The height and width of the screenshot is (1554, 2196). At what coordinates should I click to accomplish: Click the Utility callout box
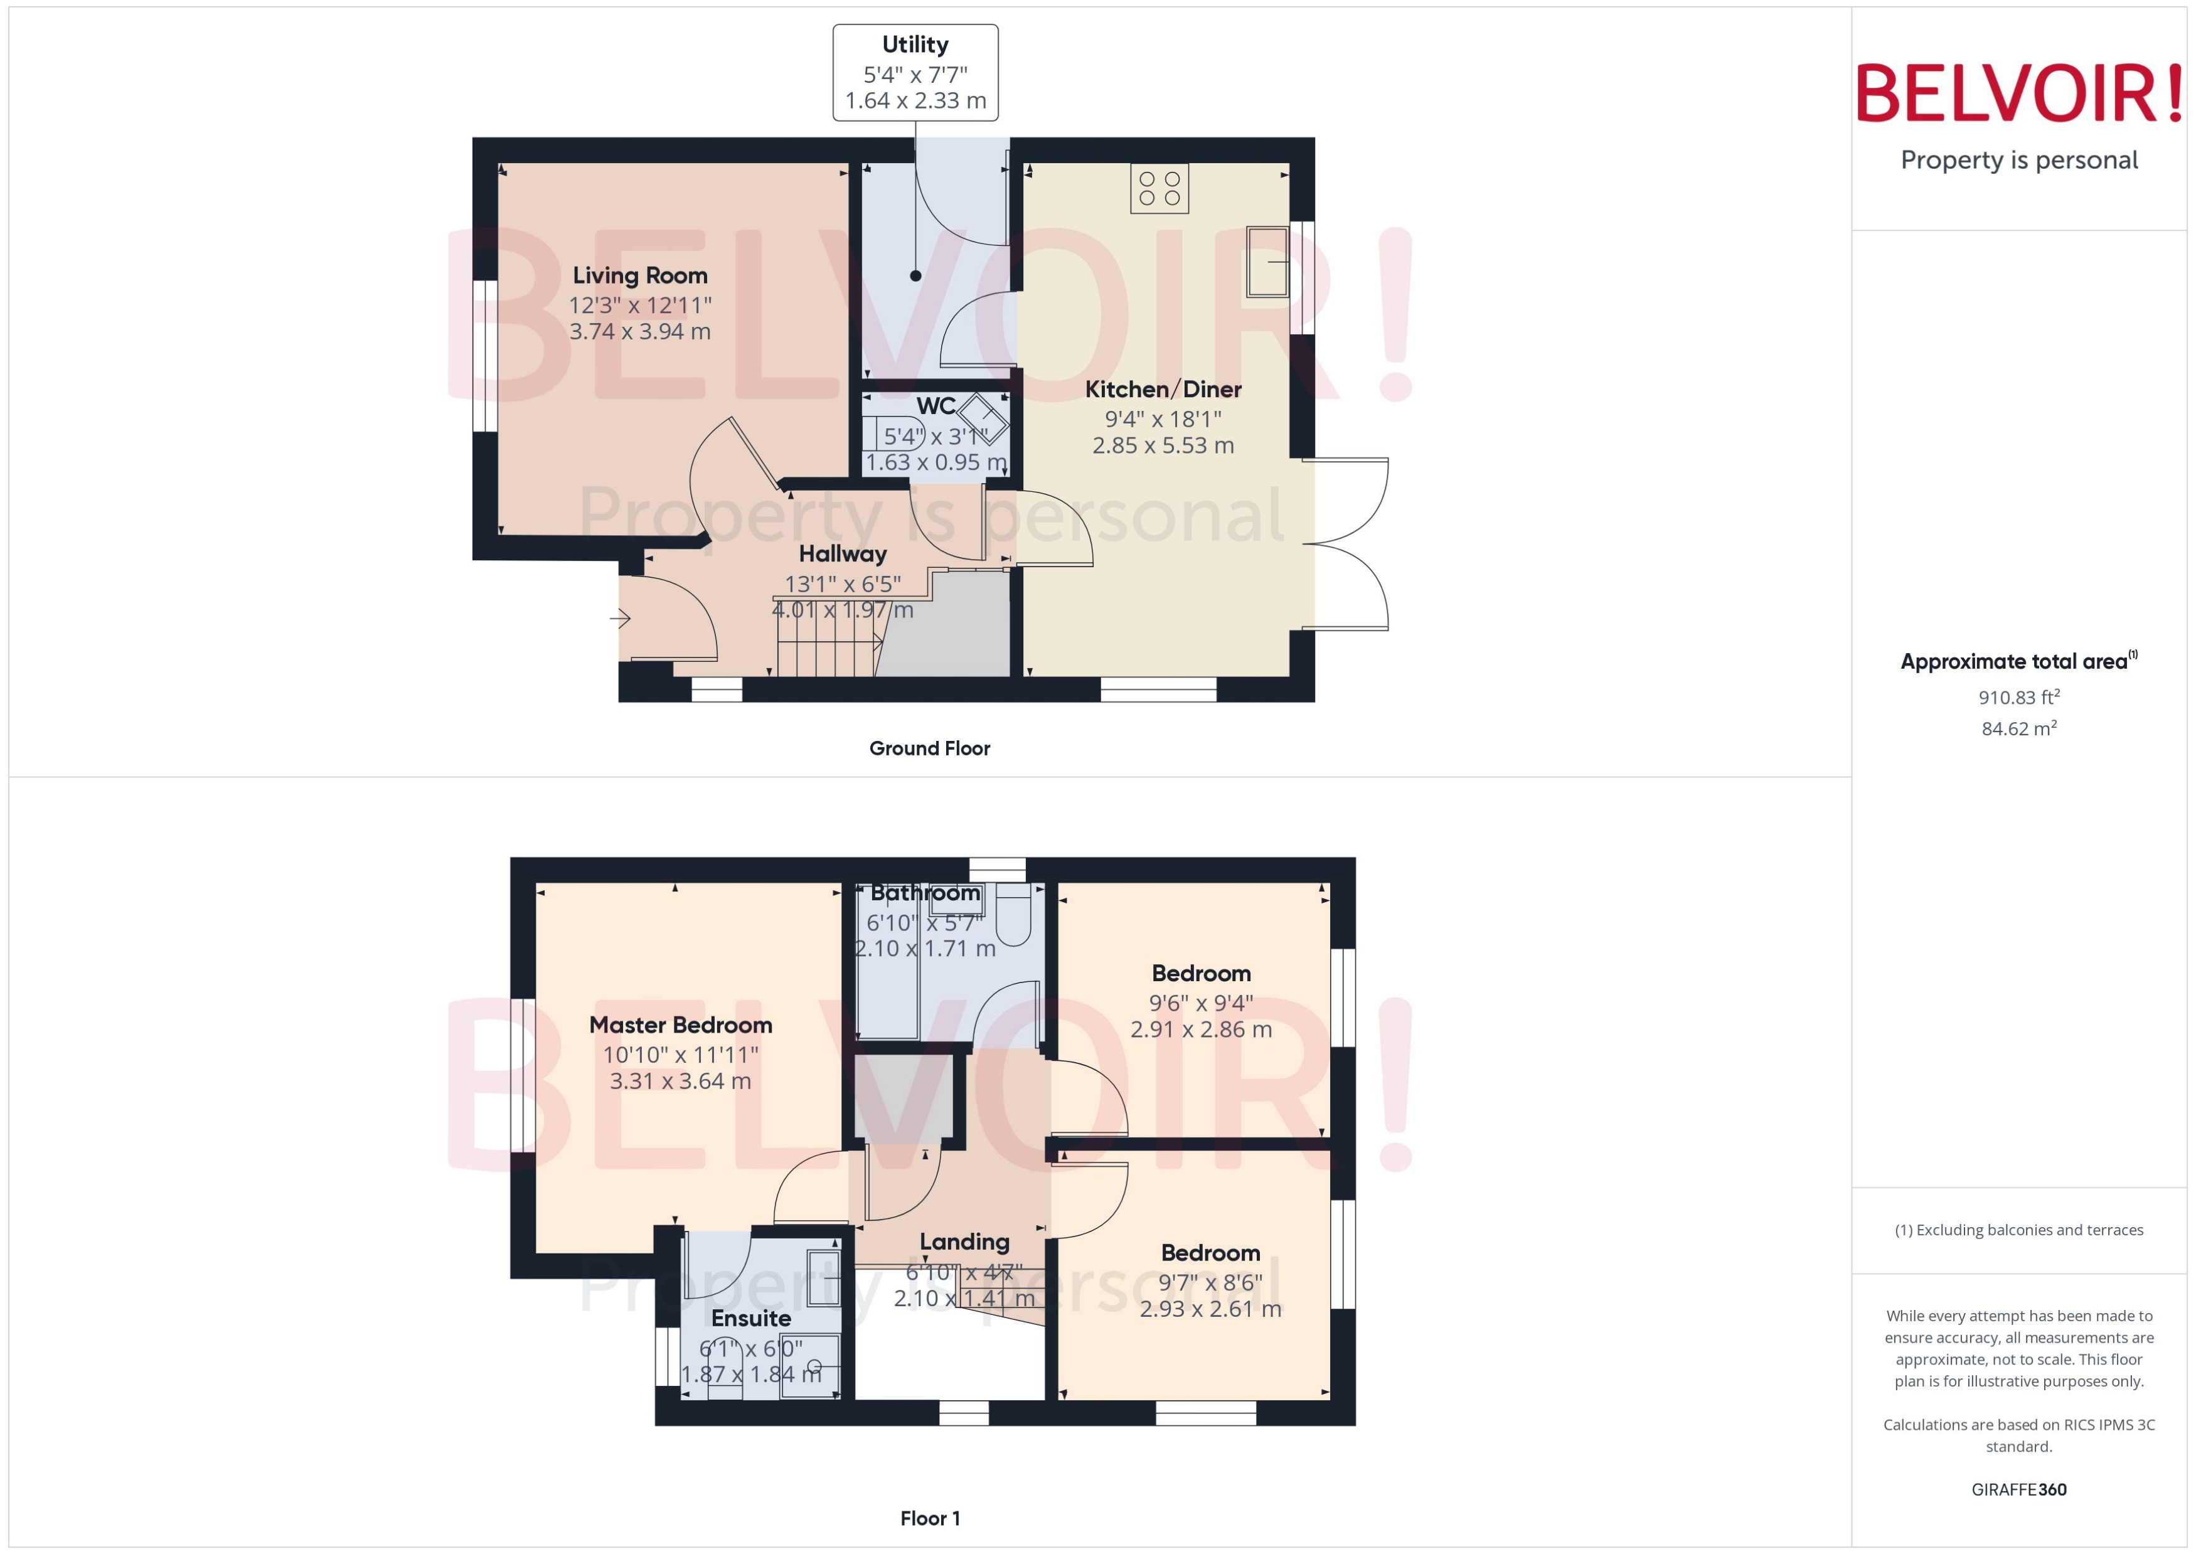coord(915,73)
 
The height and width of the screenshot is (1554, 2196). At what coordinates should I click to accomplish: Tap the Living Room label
coord(639,275)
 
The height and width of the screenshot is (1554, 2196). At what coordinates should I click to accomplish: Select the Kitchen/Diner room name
coord(1163,390)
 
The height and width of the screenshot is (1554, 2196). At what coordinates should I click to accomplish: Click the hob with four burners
coord(1159,188)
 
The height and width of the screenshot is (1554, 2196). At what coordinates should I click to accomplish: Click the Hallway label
coord(842,554)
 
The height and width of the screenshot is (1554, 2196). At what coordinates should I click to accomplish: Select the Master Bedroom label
coord(680,1025)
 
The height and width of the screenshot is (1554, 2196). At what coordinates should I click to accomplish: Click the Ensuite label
coord(750,1319)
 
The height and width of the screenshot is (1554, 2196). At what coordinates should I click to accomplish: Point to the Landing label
coord(964,1242)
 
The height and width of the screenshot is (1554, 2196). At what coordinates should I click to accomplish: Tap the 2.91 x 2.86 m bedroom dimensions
coord(1201,1030)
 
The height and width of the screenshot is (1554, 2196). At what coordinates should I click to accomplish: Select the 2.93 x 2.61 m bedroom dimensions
coord(1210,1309)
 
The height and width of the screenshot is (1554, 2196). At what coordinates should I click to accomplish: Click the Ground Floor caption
coord(929,748)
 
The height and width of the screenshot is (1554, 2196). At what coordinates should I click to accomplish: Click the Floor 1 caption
coord(929,1519)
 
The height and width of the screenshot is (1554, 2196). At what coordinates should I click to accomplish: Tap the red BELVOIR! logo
coord(2019,93)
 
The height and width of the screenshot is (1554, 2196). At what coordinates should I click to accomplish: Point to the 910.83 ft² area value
coord(2019,698)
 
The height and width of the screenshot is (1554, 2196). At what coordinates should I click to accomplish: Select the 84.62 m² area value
coord(2019,728)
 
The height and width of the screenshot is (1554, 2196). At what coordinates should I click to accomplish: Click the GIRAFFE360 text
coord(2019,1490)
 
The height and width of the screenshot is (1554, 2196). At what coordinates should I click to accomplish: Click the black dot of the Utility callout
coord(915,275)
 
